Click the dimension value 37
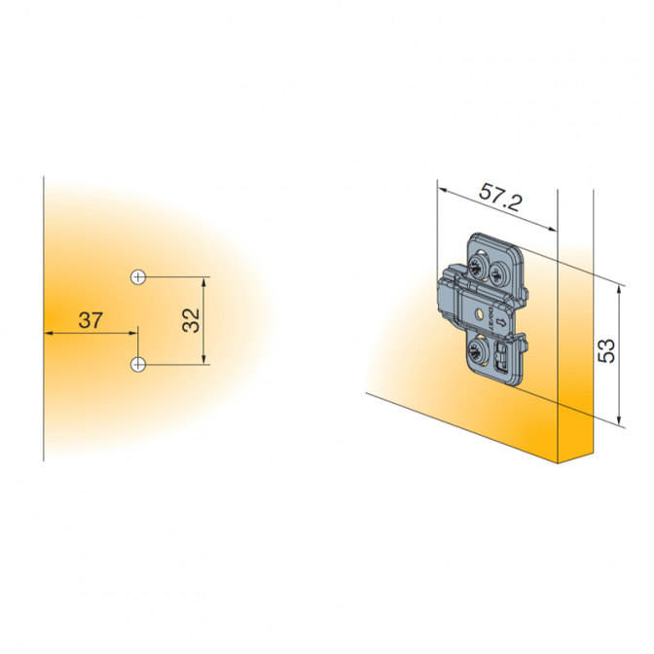click(91, 320)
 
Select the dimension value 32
click(191, 320)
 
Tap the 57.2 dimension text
click(499, 197)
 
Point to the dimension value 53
click(606, 350)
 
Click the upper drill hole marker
click(138, 277)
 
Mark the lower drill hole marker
click(138, 365)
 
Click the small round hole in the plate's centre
click(479, 312)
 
